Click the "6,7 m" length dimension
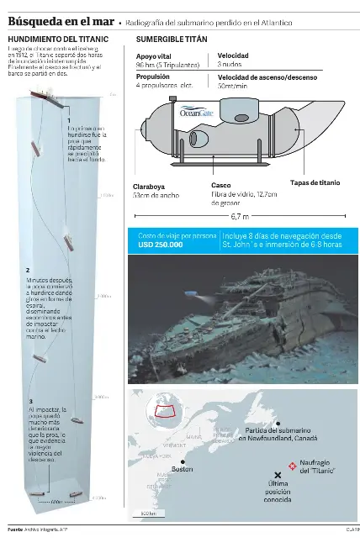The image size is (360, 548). [240, 215]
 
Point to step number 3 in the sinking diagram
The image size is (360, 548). [30, 403]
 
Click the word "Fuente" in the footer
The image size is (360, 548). [15, 530]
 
